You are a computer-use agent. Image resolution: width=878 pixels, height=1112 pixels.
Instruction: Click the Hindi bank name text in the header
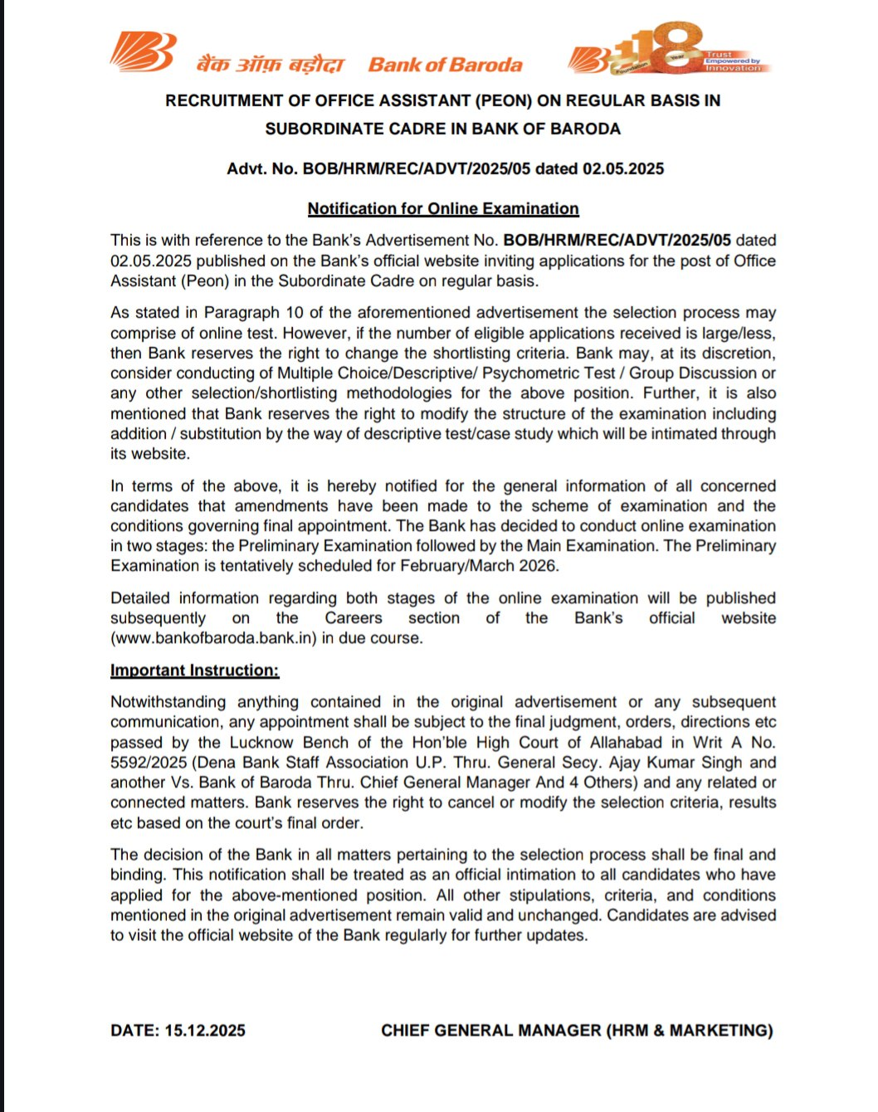270,65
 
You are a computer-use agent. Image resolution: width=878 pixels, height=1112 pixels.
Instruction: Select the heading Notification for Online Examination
443,209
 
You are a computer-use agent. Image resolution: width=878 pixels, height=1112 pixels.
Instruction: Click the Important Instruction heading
195,671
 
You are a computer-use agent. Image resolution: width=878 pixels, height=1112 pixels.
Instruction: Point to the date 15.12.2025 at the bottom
205,1031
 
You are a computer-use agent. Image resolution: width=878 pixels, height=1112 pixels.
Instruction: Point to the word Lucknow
262,743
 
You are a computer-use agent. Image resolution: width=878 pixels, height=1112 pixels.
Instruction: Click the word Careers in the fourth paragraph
354,618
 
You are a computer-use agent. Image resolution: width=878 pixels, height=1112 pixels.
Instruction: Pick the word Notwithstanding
168,702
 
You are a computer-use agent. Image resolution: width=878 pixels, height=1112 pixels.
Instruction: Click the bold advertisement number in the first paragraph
617,241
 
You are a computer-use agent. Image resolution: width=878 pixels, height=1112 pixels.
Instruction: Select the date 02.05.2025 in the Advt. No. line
623,169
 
